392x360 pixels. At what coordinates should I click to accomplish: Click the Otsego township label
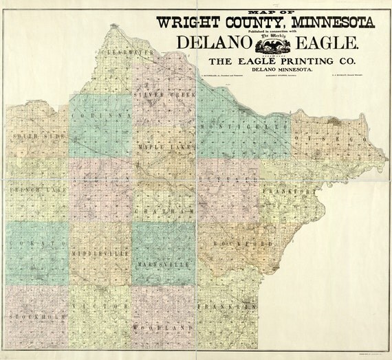[x=331, y=139]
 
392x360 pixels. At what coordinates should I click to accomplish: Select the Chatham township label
[x=163, y=211]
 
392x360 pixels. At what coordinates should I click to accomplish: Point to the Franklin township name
[x=228, y=306]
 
